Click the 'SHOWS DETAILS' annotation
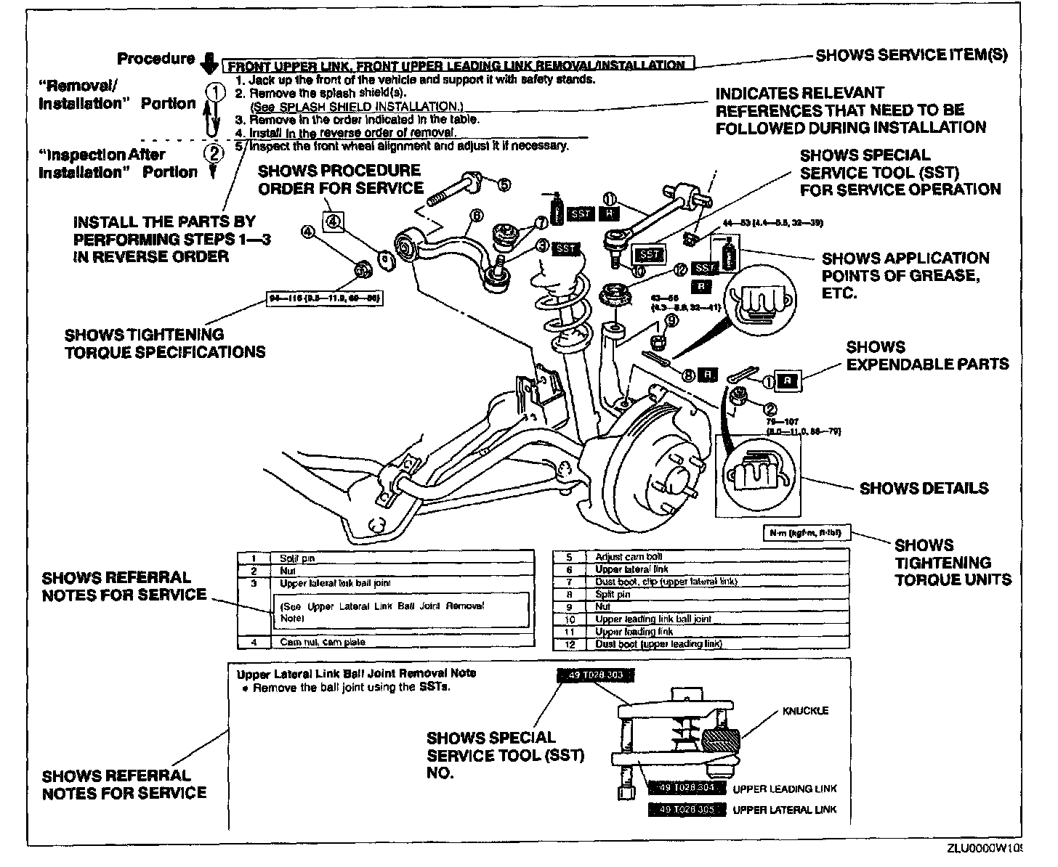[924, 488]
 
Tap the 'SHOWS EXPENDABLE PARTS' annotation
[927, 356]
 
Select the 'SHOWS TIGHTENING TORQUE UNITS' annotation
[953, 562]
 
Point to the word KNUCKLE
[805, 711]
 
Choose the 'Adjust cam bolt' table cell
[619, 557]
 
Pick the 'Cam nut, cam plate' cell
[322, 642]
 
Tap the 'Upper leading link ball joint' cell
[653, 619]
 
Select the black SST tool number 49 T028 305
[686, 810]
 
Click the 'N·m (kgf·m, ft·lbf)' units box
[806, 533]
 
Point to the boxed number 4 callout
[332, 221]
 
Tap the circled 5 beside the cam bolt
[504, 184]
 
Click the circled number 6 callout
[477, 215]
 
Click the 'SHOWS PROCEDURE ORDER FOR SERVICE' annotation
[340, 179]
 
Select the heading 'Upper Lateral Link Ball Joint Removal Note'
[357, 673]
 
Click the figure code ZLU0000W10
[983, 849]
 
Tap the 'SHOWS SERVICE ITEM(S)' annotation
[911, 55]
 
